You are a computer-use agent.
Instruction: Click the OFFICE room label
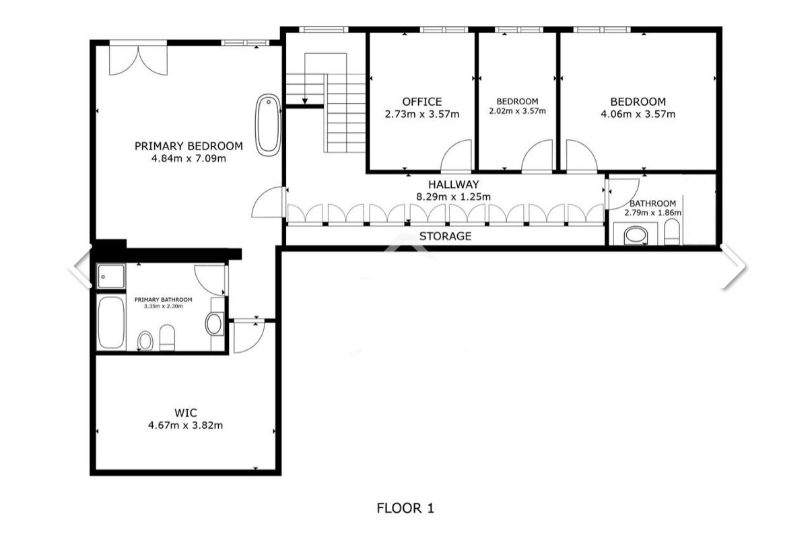[422, 102]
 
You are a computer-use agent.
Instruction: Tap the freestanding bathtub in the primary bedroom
[268, 125]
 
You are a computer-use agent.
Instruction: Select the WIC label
[186, 413]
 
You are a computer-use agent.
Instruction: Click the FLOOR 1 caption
[405, 508]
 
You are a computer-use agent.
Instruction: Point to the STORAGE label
[446, 236]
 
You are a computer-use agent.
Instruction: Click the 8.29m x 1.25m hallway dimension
[454, 197]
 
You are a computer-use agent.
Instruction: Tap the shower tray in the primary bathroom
[111, 277]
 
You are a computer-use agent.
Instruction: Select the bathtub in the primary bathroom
[111, 323]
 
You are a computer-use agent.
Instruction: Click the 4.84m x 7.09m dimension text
[189, 158]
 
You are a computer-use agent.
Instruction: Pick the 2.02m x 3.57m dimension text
[517, 111]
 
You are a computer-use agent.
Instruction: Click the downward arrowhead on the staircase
[305, 101]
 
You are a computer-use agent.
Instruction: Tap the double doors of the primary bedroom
[139, 61]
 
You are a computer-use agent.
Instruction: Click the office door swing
[456, 155]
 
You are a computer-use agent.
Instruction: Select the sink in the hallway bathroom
[636, 235]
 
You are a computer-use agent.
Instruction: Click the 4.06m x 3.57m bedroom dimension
[638, 114]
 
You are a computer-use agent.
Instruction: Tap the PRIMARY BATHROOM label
[163, 300]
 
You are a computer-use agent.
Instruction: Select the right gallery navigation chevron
[733, 267]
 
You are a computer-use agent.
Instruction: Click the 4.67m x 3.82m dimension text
[186, 425]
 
